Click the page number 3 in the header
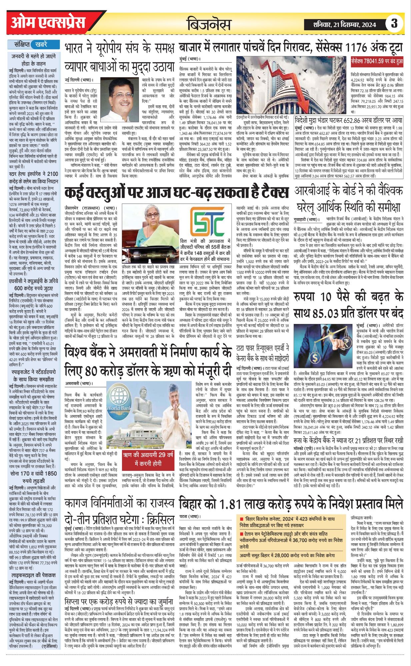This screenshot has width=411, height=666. tap(394, 24)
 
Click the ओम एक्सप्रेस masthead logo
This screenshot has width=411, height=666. tap(48, 23)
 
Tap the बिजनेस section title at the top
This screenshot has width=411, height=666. tap(209, 24)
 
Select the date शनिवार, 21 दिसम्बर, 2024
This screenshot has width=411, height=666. tap(345, 24)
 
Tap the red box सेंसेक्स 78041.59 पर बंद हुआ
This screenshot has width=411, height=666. tap(377, 62)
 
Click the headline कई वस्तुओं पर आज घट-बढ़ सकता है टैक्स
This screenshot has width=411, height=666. tap(176, 193)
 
